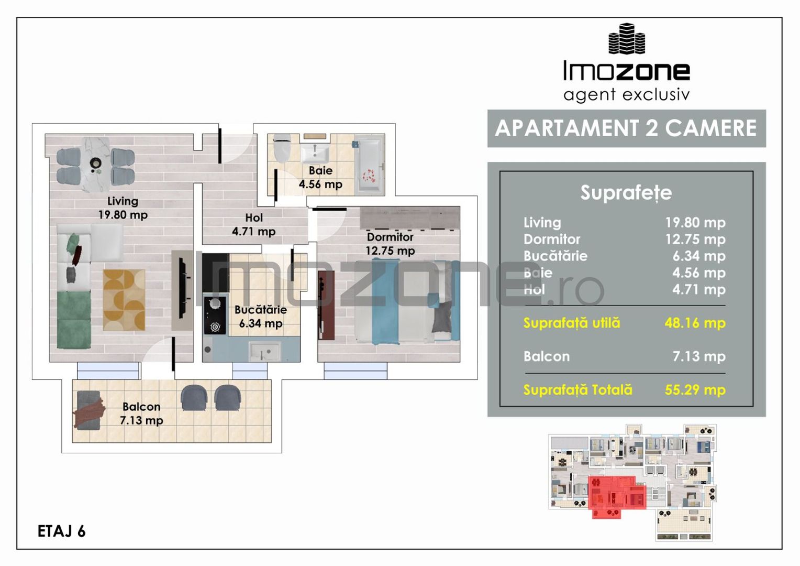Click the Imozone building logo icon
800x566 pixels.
click(x=627, y=39)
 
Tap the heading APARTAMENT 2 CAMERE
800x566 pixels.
click(x=626, y=128)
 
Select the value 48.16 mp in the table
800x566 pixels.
click(x=695, y=323)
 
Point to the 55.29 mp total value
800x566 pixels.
click(x=695, y=389)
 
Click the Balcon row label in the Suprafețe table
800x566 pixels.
click(x=547, y=356)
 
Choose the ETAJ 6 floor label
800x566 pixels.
click(x=61, y=531)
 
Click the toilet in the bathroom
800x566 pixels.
click(x=282, y=148)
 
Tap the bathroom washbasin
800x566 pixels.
click(x=314, y=153)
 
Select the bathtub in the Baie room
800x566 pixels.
click(x=370, y=165)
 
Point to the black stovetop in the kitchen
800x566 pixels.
click(x=215, y=315)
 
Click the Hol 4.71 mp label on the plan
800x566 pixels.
click(x=253, y=224)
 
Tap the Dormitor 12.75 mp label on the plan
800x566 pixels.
click(x=390, y=244)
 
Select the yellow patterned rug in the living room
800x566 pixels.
click(x=124, y=300)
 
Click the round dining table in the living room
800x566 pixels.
click(x=96, y=164)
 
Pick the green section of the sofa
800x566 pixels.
click(x=74, y=320)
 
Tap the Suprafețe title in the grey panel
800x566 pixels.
click(x=626, y=193)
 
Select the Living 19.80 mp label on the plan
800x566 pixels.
click(x=123, y=208)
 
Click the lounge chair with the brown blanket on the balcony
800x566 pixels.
click(x=89, y=410)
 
